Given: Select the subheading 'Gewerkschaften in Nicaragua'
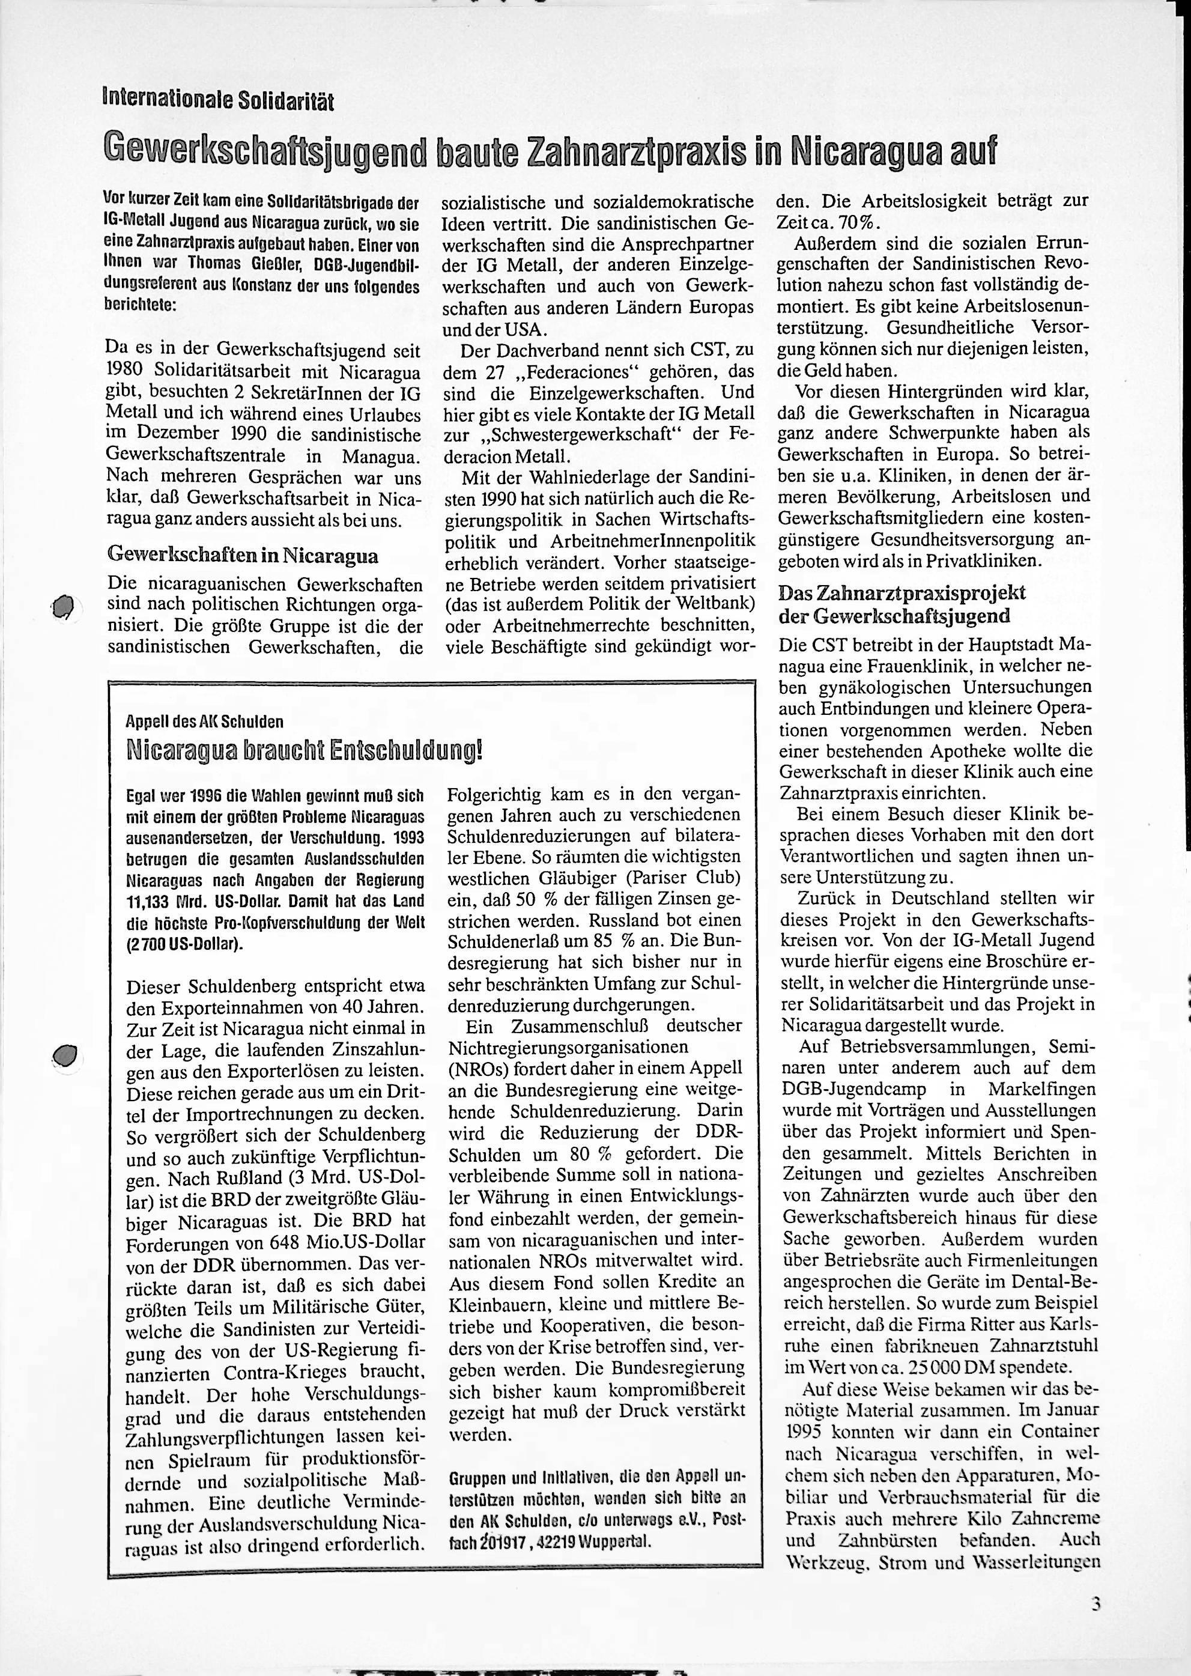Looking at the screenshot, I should (242, 554).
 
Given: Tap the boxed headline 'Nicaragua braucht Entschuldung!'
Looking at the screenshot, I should (304, 750).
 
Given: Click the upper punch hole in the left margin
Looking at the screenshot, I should (64, 607).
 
